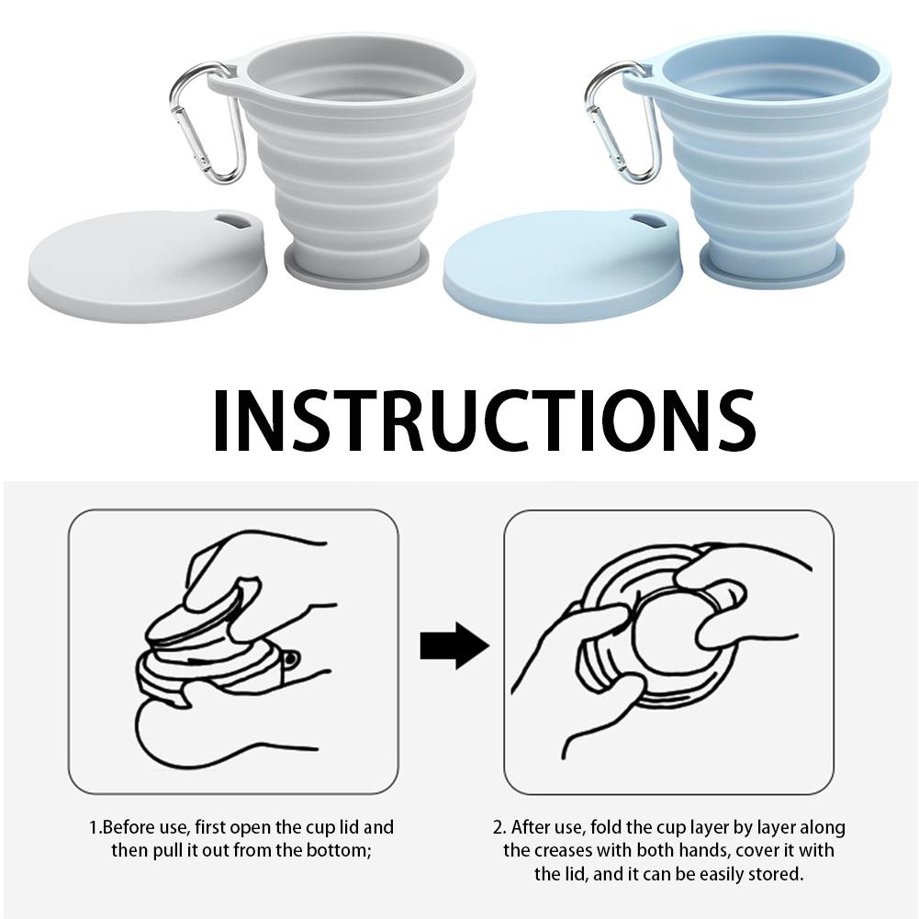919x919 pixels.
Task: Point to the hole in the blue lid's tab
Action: pos(649,221)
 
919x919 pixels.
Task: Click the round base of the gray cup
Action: pos(354,266)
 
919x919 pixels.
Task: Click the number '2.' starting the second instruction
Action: pos(499,827)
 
